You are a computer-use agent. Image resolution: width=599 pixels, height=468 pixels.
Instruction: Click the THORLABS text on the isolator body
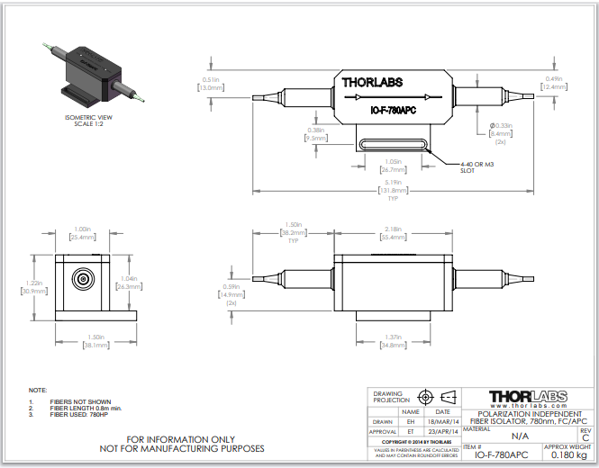pyautogui.click(x=372, y=83)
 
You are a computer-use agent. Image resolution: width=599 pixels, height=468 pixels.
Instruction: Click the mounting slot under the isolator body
pyautogui.click(x=392, y=141)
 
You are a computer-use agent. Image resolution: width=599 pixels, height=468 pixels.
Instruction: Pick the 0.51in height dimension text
pyautogui.click(x=212, y=79)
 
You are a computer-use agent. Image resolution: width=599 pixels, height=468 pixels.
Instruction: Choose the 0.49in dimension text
pyautogui.click(x=553, y=79)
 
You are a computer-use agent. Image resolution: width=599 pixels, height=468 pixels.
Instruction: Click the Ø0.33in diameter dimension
pyautogui.click(x=500, y=126)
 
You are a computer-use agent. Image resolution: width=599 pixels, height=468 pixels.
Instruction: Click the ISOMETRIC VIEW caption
pyautogui.click(x=87, y=117)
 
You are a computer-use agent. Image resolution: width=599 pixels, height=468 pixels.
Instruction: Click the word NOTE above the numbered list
pyautogui.click(x=38, y=390)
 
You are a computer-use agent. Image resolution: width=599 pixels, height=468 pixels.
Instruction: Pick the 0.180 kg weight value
pyautogui.click(x=568, y=456)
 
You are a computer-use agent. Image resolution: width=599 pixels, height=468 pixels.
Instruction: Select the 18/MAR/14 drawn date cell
pyautogui.click(x=447, y=420)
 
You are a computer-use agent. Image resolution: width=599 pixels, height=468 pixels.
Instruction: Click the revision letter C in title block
pyautogui.click(x=585, y=437)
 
